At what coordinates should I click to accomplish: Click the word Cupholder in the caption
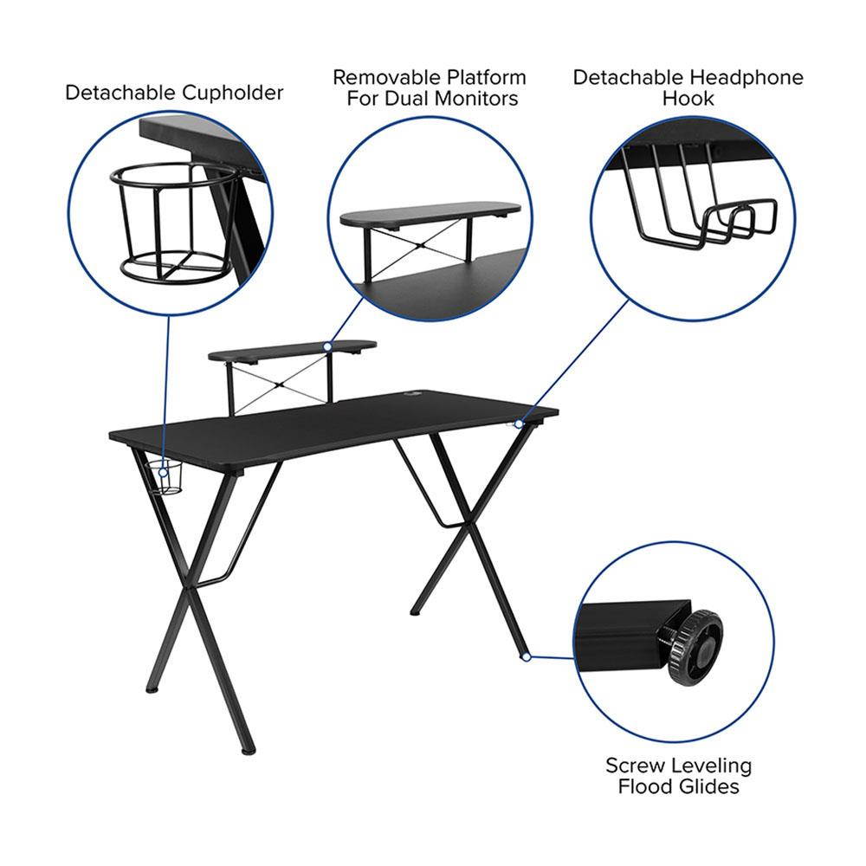232,93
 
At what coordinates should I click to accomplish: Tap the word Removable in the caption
383,77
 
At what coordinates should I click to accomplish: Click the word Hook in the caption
688,99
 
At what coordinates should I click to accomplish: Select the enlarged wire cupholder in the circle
173,221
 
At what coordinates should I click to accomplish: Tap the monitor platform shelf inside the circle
430,213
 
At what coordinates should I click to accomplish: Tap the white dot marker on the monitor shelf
327,346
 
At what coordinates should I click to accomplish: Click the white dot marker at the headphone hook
519,423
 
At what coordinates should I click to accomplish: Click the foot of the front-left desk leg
249,747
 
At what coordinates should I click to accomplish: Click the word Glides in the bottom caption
709,786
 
